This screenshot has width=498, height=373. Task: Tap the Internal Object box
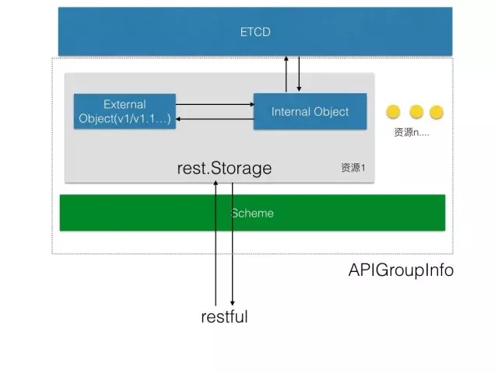coord(310,111)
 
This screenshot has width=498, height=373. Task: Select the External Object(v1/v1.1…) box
coord(124,111)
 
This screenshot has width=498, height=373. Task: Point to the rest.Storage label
coord(225,167)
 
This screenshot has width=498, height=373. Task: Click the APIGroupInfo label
coord(401,271)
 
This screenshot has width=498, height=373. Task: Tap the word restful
coord(224,316)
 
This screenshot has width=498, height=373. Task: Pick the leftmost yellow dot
coord(394,111)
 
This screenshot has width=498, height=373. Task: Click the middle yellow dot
coord(416,111)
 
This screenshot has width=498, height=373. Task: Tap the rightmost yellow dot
coord(436,111)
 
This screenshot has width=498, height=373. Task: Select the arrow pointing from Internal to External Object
coord(215,119)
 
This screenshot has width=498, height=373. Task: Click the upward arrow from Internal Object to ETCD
coord(286,75)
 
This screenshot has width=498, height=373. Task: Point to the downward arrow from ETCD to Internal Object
coord(298,75)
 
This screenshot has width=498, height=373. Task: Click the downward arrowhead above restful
coord(232,300)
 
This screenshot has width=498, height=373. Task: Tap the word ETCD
coord(254,33)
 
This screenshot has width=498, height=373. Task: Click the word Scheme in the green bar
coord(253,212)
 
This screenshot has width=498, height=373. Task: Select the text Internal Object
coord(310,111)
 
